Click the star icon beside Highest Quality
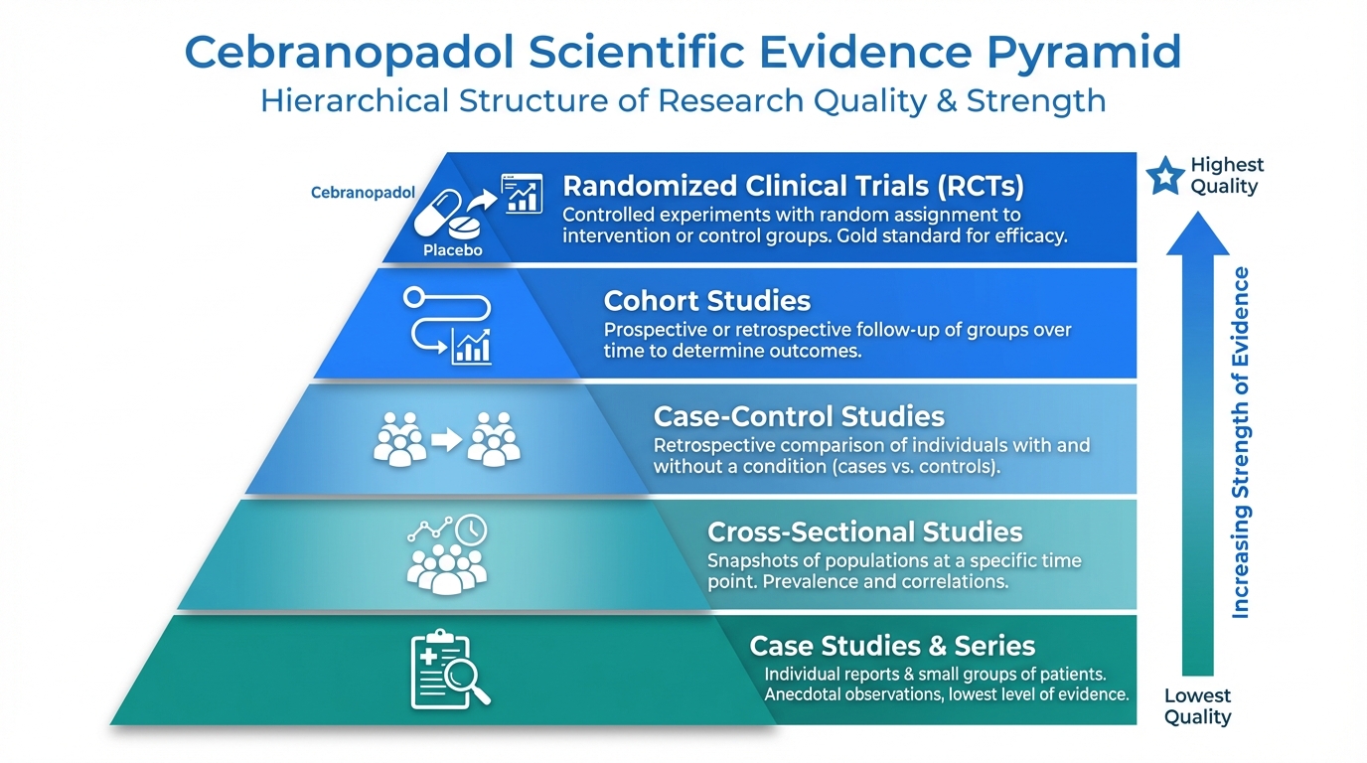pyautogui.click(x=1165, y=176)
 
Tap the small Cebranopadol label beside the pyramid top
pyautogui.click(x=364, y=193)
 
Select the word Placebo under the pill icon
pyautogui.click(x=453, y=250)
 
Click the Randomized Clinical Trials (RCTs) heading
pyautogui.click(x=793, y=186)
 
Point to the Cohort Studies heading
pyautogui.click(x=707, y=301)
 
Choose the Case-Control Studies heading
pyautogui.click(x=799, y=416)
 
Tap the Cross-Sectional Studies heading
pyautogui.click(x=864, y=532)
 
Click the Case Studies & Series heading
pyautogui.click(x=892, y=646)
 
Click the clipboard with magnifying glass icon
pyautogui.click(x=450, y=670)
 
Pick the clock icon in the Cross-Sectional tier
pyautogui.click(x=471, y=530)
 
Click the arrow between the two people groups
pyautogui.click(x=447, y=440)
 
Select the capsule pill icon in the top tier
pyautogui.click(x=437, y=213)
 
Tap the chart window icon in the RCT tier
pyautogui.click(x=522, y=194)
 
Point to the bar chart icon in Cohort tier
pyautogui.click(x=471, y=347)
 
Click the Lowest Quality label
pyautogui.click(x=1197, y=706)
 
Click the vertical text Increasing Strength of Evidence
pyautogui.click(x=1240, y=443)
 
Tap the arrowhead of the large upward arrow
pyautogui.click(x=1197, y=233)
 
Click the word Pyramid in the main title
pyautogui.click(x=1084, y=54)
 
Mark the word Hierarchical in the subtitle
pyautogui.click(x=356, y=100)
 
